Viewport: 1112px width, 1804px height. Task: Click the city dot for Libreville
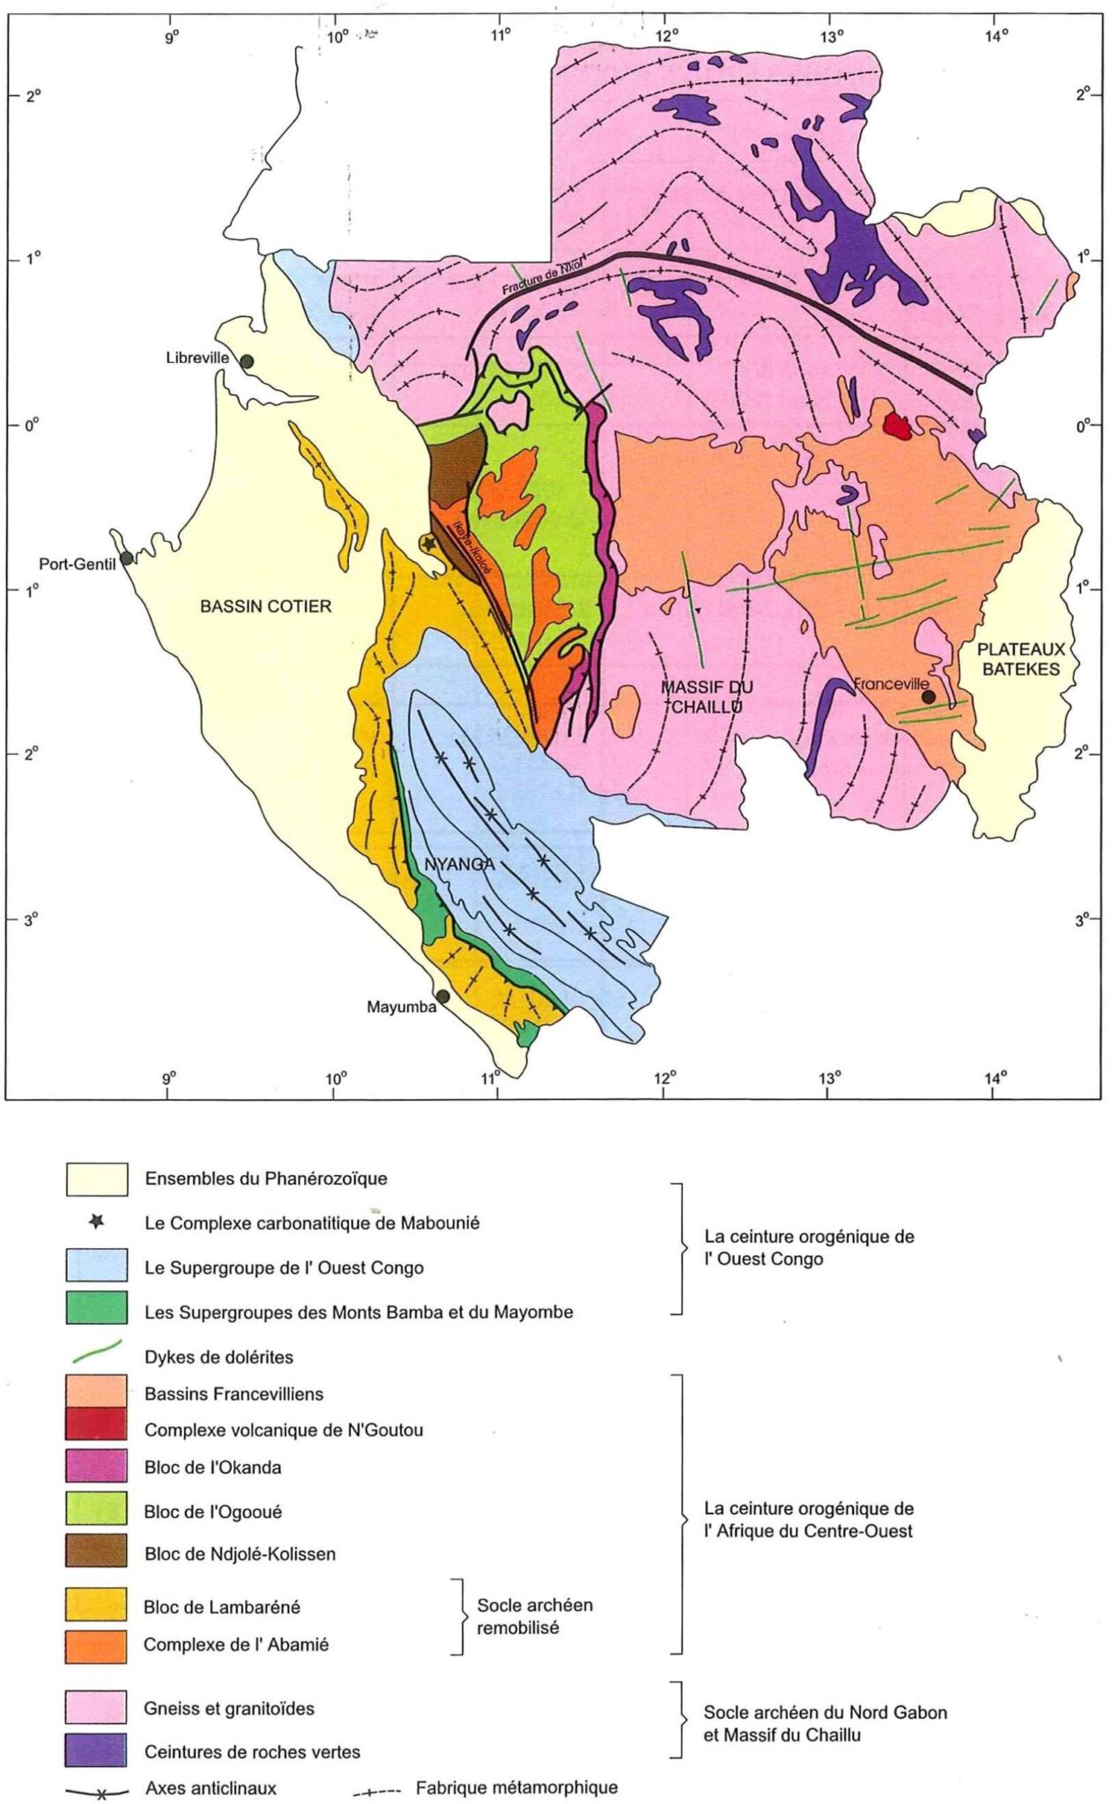point(247,361)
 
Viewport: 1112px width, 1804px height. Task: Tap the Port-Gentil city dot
point(127,558)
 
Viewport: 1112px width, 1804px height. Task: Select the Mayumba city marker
point(443,996)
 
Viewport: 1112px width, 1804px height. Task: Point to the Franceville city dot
point(929,697)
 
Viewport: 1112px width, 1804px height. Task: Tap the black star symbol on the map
point(429,543)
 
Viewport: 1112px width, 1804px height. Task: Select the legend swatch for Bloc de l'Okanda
point(96,1467)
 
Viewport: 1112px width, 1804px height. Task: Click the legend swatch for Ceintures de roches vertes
point(96,1751)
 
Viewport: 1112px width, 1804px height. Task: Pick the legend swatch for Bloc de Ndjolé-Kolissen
point(96,1554)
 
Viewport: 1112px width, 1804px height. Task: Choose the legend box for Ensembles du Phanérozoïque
point(96,1179)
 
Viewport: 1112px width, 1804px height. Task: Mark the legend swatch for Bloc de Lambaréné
point(96,1607)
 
